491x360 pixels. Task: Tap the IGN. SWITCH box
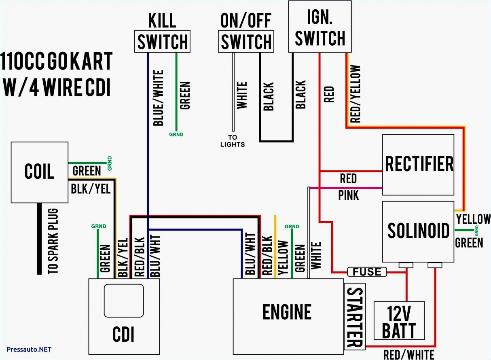click(x=320, y=27)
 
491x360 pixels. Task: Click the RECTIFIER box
click(x=418, y=165)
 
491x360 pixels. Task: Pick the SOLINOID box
click(x=418, y=231)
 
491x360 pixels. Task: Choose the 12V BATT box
click(x=400, y=320)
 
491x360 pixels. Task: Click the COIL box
click(x=39, y=172)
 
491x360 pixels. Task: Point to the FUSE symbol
click(x=367, y=272)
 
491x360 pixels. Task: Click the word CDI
click(x=123, y=334)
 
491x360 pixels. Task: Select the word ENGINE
click(x=287, y=312)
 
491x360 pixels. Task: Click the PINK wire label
click(x=348, y=195)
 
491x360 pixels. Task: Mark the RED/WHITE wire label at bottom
click(x=408, y=355)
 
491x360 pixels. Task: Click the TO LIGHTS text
click(x=233, y=141)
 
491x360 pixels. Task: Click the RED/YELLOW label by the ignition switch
click(x=355, y=94)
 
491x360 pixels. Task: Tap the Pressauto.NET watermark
click(x=29, y=349)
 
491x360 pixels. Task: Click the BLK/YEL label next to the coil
click(x=91, y=188)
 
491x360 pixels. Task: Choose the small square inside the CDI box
click(x=124, y=301)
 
